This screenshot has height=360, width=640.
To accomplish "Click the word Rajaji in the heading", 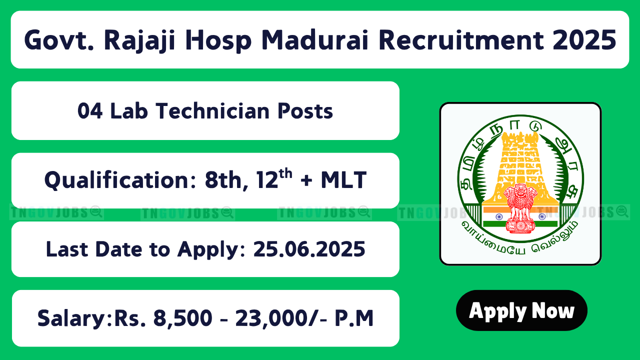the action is (x=139, y=40).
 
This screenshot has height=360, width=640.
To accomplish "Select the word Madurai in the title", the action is (x=314, y=40).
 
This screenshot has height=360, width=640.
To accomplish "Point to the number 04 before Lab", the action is (x=90, y=111).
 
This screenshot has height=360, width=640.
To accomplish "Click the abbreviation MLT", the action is (x=343, y=179).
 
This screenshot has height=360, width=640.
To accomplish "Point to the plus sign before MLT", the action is (x=306, y=180).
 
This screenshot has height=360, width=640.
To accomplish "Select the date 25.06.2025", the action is (x=309, y=249).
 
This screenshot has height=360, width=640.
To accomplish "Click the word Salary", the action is (x=72, y=318).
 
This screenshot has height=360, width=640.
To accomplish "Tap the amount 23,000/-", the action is (x=281, y=318).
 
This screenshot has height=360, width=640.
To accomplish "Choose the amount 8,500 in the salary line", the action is (x=183, y=318).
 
